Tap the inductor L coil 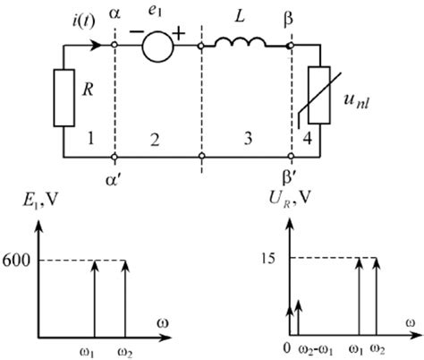click(x=243, y=40)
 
